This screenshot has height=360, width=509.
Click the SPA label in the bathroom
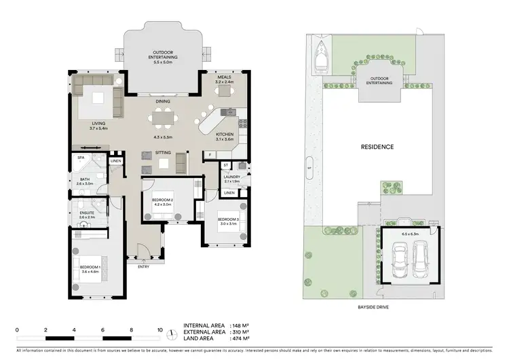point(81,157)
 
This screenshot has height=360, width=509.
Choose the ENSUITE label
point(87,214)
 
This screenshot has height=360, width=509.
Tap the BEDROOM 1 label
point(90,269)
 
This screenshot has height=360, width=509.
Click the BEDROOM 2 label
point(164,201)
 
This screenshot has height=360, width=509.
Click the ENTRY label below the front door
point(143,266)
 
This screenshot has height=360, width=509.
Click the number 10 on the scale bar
point(160,330)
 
